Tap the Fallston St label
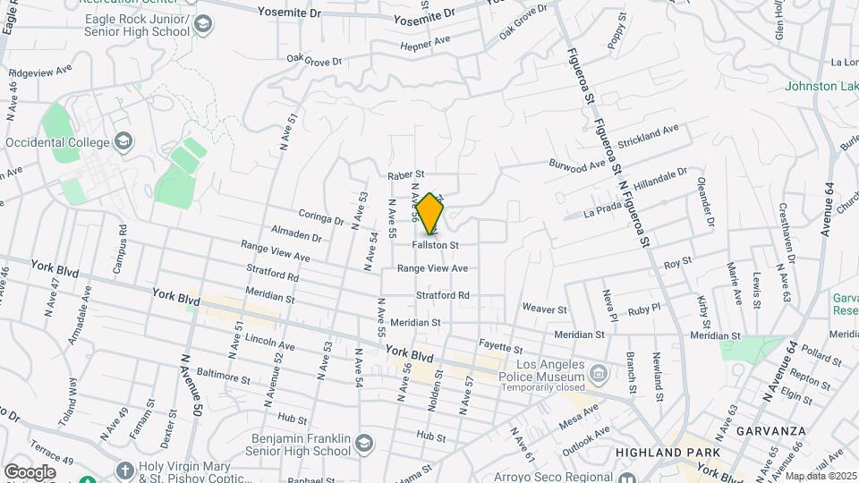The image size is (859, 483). tap(436, 244)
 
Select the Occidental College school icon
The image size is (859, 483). tap(123, 141)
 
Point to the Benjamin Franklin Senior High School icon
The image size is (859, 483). tap(363, 444)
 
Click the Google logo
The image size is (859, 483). tap(30, 471)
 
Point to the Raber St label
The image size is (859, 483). tap(405, 175)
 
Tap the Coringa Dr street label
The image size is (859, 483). tap(320, 218)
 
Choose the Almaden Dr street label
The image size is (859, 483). tap(296, 236)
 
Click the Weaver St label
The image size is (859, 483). tap(545, 309)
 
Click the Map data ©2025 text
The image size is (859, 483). tap(821, 476)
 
